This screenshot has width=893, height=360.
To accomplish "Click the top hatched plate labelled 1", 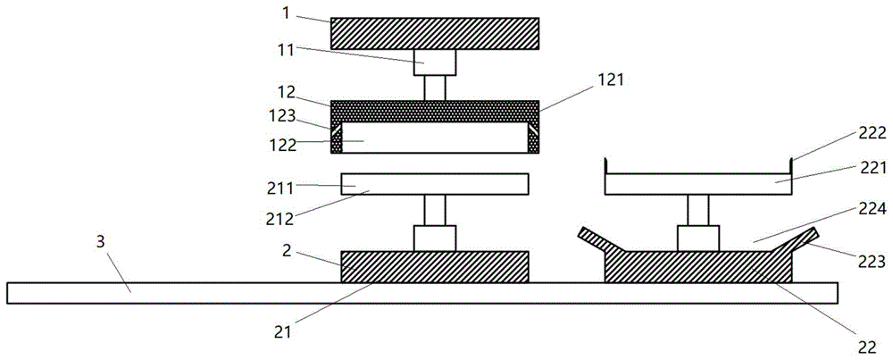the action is click(435, 33).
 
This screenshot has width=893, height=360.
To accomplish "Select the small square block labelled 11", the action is click(435, 63).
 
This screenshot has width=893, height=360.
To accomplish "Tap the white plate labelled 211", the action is click(435, 184).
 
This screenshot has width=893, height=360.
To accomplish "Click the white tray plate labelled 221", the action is click(697, 184).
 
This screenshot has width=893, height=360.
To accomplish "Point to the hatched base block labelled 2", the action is click(435, 266).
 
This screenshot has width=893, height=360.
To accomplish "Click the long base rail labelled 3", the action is click(422, 293).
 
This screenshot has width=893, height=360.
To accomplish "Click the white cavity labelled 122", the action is click(435, 138).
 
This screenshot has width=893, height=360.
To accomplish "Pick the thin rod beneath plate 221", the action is click(697, 210).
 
